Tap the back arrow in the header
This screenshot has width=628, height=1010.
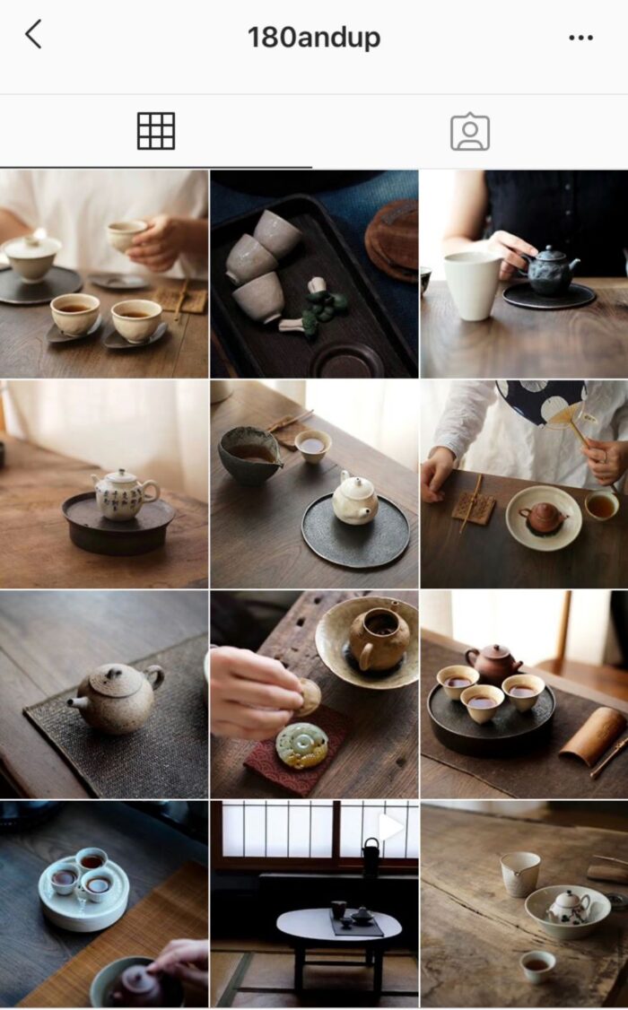point(33,36)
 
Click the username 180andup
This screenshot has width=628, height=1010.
point(314,38)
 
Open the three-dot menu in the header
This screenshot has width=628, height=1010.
point(580,38)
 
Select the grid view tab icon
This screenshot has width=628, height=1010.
point(156,131)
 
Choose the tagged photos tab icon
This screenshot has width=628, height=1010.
point(470,132)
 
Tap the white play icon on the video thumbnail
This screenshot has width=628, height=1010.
point(390,826)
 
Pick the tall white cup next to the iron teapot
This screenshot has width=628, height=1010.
point(470,284)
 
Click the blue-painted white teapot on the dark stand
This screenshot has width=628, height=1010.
point(124,494)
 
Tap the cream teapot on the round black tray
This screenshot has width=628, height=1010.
point(355,499)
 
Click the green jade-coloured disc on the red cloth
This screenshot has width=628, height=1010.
point(301,744)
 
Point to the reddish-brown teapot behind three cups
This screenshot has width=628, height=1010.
point(493,663)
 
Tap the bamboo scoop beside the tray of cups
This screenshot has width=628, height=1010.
point(593,735)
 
